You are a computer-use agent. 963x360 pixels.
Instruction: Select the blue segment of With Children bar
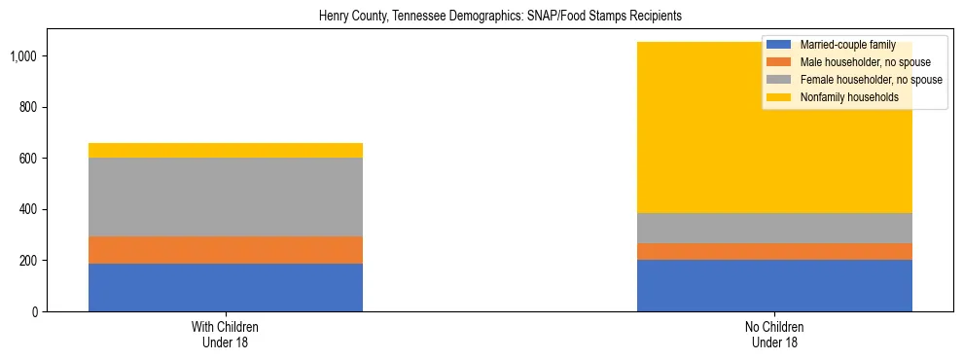pyautogui.click(x=226, y=287)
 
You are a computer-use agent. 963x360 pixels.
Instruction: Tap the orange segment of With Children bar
pyautogui.click(x=226, y=250)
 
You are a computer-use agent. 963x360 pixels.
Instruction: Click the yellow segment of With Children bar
pyautogui.click(x=226, y=150)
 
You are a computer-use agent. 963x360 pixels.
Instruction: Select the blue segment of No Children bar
pyautogui.click(x=774, y=285)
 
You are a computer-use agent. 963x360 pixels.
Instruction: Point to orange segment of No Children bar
pyautogui.click(x=774, y=251)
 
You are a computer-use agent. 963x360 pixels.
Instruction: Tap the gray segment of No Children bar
pyautogui.click(x=774, y=228)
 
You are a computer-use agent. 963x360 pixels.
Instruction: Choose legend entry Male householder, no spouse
pyautogui.click(x=866, y=62)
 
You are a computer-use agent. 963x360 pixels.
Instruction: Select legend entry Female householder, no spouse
pyautogui.click(x=871, y=80)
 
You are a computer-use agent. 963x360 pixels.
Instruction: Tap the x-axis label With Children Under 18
pyautogui.click(x=226, y=335)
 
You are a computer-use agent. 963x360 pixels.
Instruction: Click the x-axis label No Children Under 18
pyautogui.click(x=774, y=335)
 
